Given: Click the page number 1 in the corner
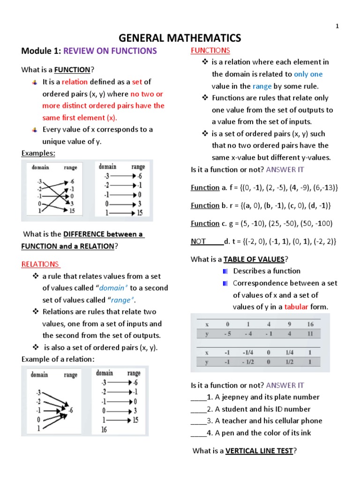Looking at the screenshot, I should (337, 26).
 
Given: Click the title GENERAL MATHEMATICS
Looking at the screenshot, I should (180, 38).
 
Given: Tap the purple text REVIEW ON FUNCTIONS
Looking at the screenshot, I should (110, 51).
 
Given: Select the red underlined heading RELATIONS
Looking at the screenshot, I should (40, 264).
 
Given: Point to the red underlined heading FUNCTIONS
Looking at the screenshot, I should (210, 50).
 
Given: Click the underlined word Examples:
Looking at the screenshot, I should (38, 153).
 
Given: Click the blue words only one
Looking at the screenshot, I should (308, 74).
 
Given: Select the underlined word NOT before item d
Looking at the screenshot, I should (199, 241).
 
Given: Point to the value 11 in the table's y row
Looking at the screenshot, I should (309, 335).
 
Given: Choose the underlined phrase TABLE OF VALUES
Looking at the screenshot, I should (254, 259).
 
